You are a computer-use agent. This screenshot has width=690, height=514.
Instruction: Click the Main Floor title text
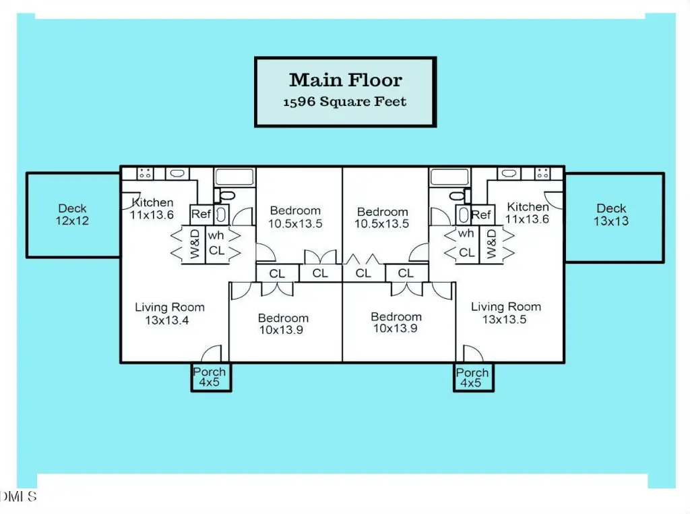click(x=346, y=80)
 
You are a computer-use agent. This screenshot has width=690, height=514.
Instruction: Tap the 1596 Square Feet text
click(x=345, y=103)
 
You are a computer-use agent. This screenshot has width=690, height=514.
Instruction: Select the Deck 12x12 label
click(x=72, y=215)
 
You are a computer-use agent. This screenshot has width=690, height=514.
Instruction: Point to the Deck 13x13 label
click(x=611, y=215)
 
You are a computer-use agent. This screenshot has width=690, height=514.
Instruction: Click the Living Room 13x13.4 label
click(x=169, y=314)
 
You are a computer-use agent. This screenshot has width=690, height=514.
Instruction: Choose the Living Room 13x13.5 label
click(x=505, y=313)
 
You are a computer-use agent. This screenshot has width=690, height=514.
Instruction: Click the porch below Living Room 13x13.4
click(x=210, y=377)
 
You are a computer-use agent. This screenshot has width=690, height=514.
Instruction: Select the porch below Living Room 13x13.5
click(x=472, y=378)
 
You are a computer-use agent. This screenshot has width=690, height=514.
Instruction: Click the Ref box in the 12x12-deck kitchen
click(x=201, y=215)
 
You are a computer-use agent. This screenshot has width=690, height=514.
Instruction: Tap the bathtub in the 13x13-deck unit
click(x=449, y=177)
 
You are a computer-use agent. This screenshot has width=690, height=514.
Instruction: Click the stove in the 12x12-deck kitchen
click(x=145, y=173)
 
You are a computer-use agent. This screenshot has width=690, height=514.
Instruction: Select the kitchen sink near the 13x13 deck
click(x=510, y=173)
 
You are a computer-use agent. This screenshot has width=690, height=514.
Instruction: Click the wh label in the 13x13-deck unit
click(x=466, y=234)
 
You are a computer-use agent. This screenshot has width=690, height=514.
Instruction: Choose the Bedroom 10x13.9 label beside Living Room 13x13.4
click(x=283, y=324)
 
